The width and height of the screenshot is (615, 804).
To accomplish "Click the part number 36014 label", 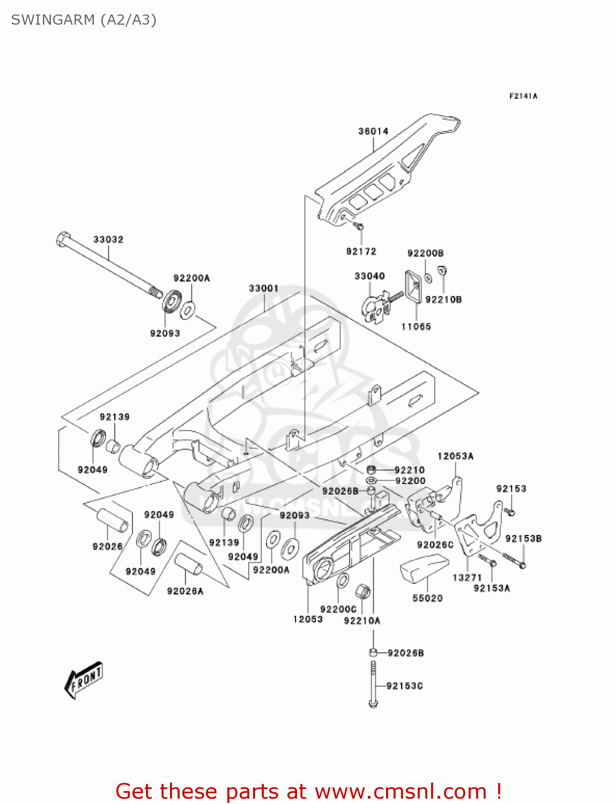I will (373, 131).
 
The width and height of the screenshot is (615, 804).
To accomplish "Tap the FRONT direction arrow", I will (84, 680).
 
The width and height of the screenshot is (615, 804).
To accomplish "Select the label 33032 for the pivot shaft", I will (108, 240).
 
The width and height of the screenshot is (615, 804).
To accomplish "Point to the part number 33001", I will (263, 288).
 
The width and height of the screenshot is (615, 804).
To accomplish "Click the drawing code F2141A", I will (523, 96).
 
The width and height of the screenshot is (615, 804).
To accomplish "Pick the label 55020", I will (427, 598).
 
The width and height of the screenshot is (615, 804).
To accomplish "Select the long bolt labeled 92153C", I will (373, 684).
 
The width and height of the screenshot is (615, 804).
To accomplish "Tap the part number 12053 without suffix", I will (308, 619).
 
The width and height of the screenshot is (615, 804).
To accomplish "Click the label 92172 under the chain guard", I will (361, 251).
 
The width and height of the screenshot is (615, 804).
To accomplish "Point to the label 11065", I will (416, 326).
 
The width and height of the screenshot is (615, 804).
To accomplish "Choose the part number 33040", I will (369, 276).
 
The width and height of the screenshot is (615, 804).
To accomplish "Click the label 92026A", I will (185, 591).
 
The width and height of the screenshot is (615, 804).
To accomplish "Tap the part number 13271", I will (467, 577).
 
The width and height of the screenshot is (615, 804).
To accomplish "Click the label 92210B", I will (443, 300).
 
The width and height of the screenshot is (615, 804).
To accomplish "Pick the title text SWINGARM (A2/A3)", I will (84, 20).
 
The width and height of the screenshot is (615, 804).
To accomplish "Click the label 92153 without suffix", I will (511, 489).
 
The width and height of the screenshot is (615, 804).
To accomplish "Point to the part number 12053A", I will (455, 456).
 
